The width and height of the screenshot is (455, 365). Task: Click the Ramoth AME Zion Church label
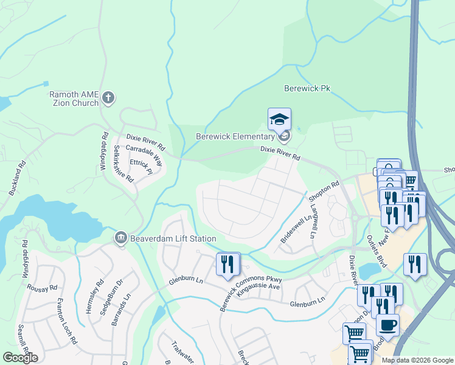[74, 99]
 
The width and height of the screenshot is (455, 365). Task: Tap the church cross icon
[108, 97]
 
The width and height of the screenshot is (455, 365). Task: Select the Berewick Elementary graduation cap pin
[279, 119]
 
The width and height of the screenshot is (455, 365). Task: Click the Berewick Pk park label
[307, 88]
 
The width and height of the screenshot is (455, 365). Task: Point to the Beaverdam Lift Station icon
[120, 237]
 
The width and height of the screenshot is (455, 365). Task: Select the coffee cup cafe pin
[387, 325]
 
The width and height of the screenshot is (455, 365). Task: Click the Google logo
[20, 358]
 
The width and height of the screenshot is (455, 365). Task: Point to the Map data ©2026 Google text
[417, 360]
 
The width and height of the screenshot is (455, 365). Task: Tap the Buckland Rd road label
[18, 177]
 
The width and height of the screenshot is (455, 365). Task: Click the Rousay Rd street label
[45, 288]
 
